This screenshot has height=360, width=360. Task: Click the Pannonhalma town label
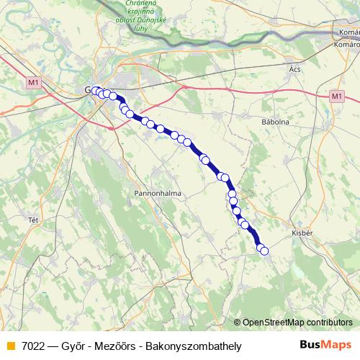tap(157, 194)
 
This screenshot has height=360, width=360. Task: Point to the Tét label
tap(32, 219)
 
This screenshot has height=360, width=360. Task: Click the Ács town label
tap(293, 69)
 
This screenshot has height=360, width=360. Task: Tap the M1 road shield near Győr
tap(32, 84)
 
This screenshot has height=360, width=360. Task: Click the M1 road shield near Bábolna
tap(337, 96)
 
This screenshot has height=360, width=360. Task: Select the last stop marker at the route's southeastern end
tap(264, 251)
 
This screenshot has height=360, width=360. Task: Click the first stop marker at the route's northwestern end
tap(95, 91)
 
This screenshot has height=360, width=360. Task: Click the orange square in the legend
tap(10, 346)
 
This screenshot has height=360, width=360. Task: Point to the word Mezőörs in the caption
tap(120, 346)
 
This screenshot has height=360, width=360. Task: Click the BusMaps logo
tap(325, 346)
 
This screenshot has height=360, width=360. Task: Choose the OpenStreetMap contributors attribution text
tap(297, 322)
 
